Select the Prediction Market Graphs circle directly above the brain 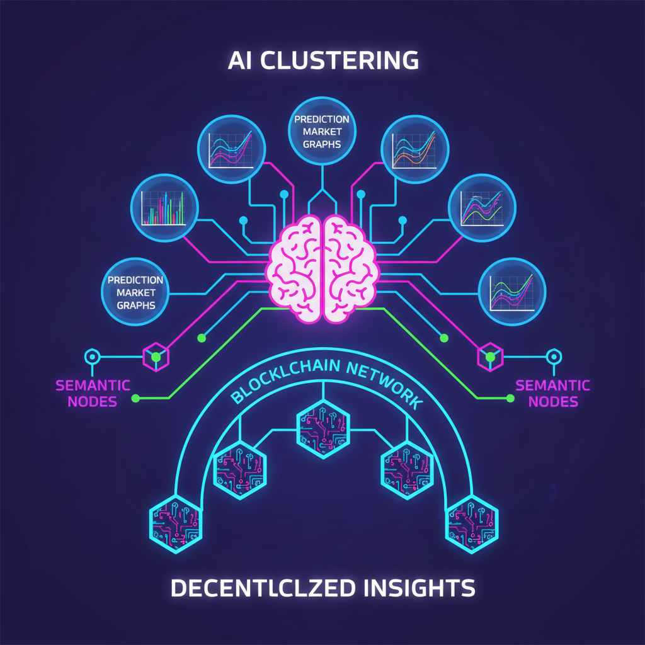pos(322,131)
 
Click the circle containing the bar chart pos(164,208)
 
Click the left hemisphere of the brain pos(295,268)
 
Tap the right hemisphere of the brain pos(351,268)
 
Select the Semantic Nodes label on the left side pos(93,393)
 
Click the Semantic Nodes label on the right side pos(553,393)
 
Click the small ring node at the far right pos(554,357)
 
